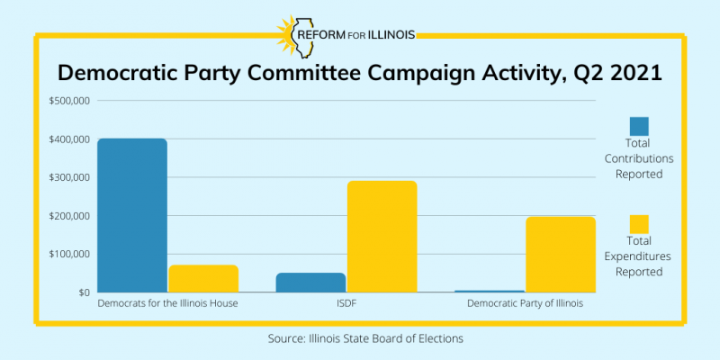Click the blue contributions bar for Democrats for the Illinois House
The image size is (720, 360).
click(x=131, y=215)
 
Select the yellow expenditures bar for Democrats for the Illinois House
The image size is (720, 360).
click(x=203, y=279)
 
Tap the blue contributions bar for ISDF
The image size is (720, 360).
click(x=298, y=283)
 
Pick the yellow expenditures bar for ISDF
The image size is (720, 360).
click(x=382, y=237)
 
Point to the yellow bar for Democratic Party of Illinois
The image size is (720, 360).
click(x=561, y=255)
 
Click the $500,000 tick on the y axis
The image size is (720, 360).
click(x=69, y=101)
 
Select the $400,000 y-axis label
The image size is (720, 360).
click(x=69, y=139)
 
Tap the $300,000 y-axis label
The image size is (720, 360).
click(x=69, y=177)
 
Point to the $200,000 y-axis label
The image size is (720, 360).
click(x=69, y=216)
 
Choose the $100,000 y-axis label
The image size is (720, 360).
click(x=69, y=254)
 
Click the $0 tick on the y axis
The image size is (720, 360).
click(x=83, y=292)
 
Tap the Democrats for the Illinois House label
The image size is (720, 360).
click(x=167, y=304)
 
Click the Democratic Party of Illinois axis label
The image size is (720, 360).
click(x=525, y=304)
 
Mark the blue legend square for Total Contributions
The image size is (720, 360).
click(x=639, y=126)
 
